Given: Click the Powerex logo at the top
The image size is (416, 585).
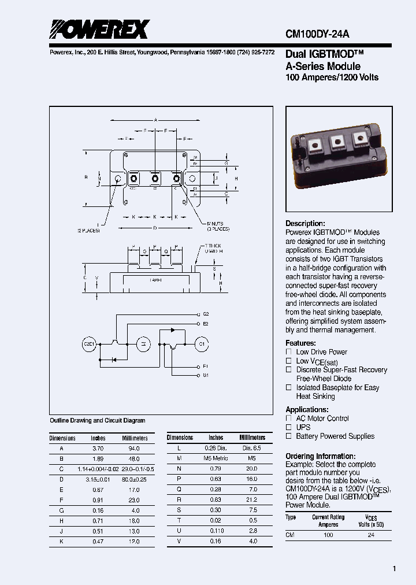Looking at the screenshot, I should coord(99,29).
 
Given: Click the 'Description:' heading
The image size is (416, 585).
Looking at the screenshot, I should coord(305,224).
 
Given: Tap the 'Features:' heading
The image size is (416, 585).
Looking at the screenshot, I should coord(300,343).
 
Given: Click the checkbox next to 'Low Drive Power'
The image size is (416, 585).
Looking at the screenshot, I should coord(289,352).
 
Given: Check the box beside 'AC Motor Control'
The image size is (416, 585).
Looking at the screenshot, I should coord(289,419).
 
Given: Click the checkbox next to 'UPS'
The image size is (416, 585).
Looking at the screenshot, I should coord(289,427).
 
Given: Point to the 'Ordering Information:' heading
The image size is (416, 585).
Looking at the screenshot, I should coord(320,456).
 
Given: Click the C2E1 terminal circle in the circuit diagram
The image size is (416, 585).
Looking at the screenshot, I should coord(88,344).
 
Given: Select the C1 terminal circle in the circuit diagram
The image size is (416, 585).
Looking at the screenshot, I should coord(201,344).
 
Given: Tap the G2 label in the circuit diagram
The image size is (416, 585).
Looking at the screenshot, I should coord(206,314).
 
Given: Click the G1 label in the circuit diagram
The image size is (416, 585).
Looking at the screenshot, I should coord(206,375).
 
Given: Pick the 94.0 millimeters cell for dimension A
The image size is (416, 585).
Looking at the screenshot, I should coord(135,448).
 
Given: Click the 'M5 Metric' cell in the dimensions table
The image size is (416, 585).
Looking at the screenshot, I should coord(216,458).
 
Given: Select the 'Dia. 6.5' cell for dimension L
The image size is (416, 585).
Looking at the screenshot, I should coord(252,448).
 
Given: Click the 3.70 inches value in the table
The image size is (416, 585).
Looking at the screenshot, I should coord(98,448).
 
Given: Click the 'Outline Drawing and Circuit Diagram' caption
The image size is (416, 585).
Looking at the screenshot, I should coord(98,421).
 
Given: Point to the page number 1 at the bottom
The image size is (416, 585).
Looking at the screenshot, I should coord(395,569).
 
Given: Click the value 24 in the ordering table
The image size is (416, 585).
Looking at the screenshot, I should coord(371,535).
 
